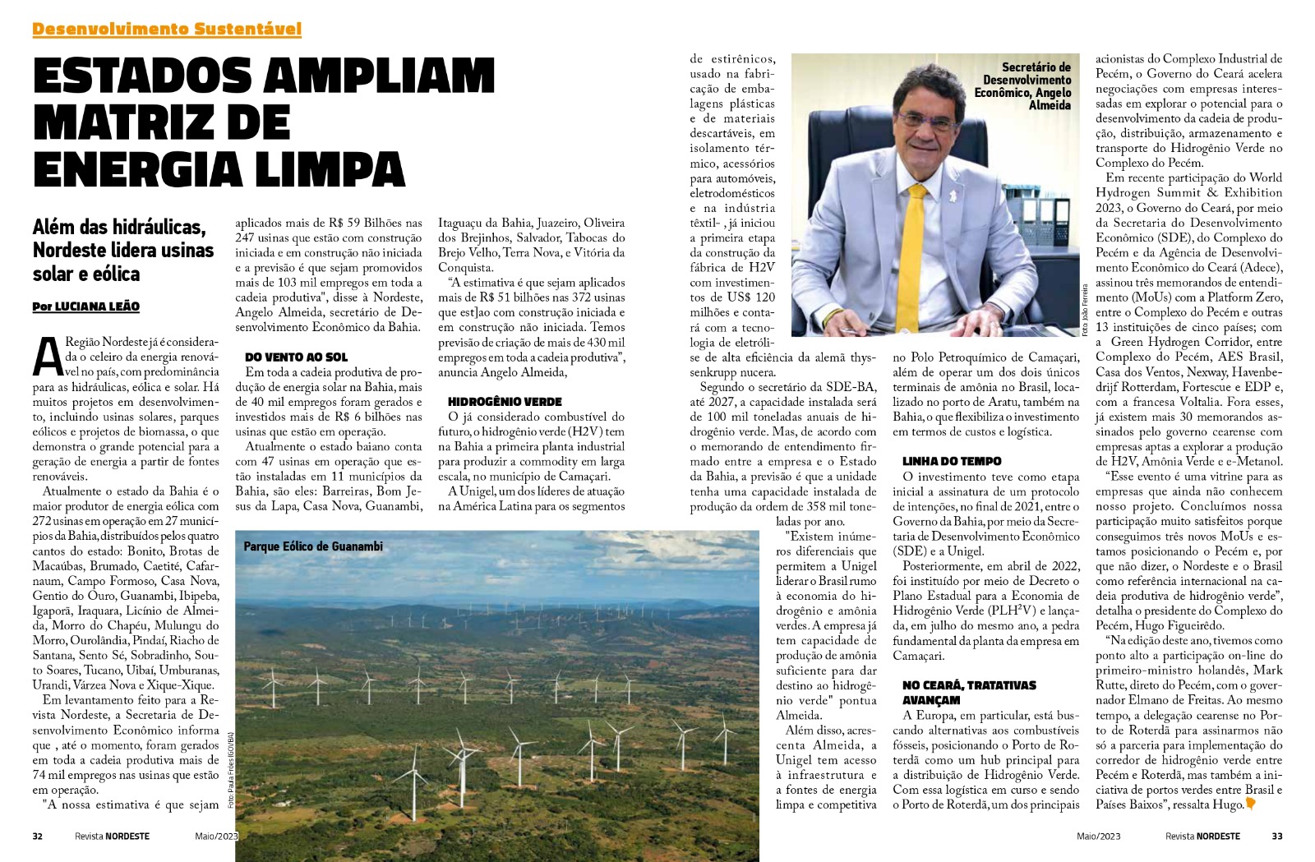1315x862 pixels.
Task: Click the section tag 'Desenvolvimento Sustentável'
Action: pyautogui.click(x=167, y=30)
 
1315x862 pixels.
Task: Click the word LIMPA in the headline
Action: pyautogui.click(x=321, y=169)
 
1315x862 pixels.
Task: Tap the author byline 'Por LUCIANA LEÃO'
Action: pyautogui.click(x=86, y=307)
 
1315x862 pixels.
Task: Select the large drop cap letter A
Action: pyautogui.click(x=48, y=355)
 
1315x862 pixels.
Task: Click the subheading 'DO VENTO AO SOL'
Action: pyautogui.click(x=296, y=357)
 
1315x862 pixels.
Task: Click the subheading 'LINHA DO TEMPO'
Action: pyautogui.click(x=952, y=462)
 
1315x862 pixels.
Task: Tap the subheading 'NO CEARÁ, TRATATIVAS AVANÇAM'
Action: pyautogui.click(x=957, y=693)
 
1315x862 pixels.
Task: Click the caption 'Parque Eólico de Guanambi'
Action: pyautogui.click(x=313, y=546)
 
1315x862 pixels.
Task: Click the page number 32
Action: pyautogui.click(x=38, y=837)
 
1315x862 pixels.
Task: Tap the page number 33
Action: pyautogui.click(x=1276, y=837)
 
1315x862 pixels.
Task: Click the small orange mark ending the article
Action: pyautogui.click(x=1251, y=804)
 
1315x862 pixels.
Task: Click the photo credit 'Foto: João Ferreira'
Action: pyautogui.click(x=1085, y=308)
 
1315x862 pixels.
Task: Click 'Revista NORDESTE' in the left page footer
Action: pyautogui.click(x=112, y=837)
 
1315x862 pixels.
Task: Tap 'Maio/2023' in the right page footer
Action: pyautogui.click(x=1098, y=837)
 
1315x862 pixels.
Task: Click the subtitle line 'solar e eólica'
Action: pyautogui.click(x=86, y=274)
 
